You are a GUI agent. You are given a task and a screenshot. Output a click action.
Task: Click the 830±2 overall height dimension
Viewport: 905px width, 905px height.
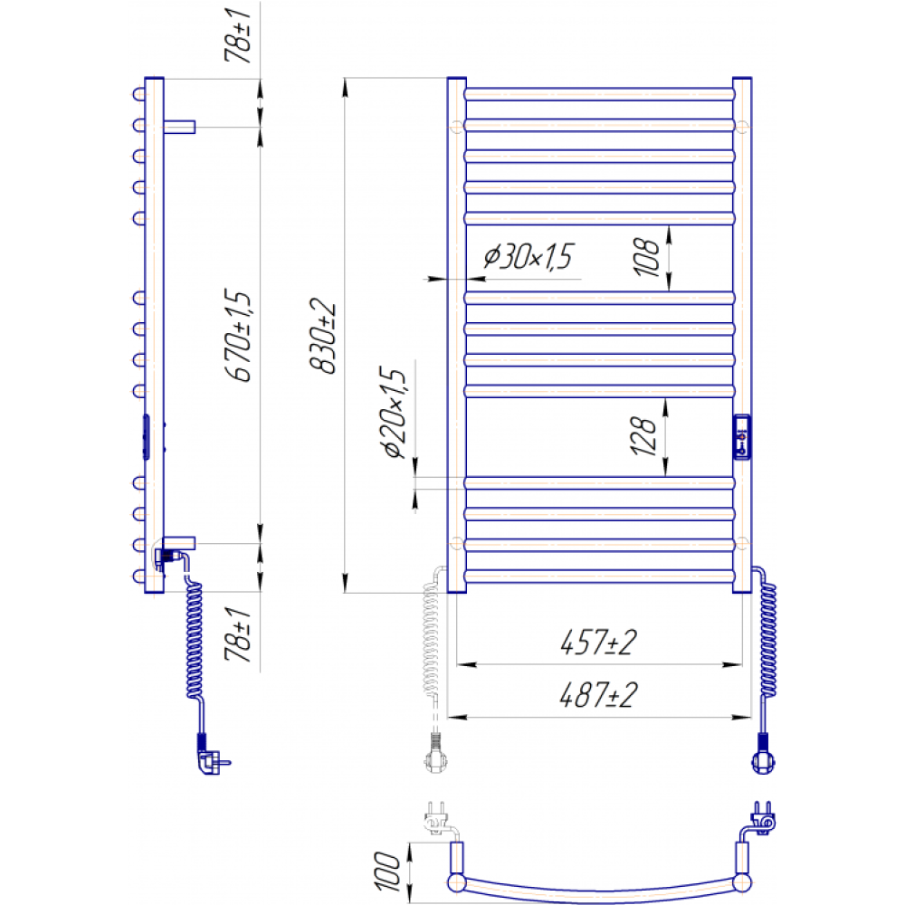[x=323, y=336]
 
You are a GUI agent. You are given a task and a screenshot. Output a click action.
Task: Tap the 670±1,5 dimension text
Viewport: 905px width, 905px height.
[x=238, y=336]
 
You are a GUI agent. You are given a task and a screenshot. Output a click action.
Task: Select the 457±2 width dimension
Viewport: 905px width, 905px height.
[x=598, y=643]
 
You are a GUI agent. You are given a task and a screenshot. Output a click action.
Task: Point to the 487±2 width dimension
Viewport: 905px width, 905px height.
[x=598, y=695]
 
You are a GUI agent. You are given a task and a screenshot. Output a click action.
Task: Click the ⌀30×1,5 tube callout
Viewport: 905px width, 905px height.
[x=529, y=256]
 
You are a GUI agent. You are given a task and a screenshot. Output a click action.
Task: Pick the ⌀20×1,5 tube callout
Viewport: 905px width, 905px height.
[x=395, y=412]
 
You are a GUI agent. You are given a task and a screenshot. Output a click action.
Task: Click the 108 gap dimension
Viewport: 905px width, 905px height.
[x=645, y=257]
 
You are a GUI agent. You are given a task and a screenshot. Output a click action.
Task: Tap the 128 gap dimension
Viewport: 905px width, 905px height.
[x=643, y=436]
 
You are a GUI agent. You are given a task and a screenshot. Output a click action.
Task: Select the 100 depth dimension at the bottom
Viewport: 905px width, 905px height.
[x=386, y=872]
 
